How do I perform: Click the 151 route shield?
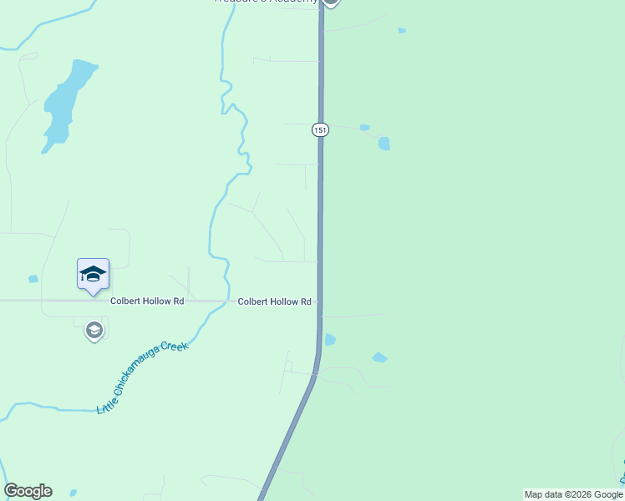(321, 129)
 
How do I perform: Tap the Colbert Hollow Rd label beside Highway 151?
(274, 301)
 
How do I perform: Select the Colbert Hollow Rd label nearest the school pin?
(146, 301)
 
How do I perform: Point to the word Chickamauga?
(140, 376)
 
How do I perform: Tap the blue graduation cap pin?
(93, 274)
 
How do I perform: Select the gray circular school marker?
(94, 331)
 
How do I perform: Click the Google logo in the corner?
(28, 491)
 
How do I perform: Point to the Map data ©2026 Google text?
(573, 494)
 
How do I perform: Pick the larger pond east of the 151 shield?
(384, 143)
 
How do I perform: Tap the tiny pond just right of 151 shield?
(364, 128)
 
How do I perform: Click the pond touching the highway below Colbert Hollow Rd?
(329, 340)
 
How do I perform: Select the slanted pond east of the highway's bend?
(379, 357)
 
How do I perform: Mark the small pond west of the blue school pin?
(33, 279)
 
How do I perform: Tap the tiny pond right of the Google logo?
(74, 493)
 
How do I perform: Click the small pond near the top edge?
(402, 31)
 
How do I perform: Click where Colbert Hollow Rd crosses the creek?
(226, 301)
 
